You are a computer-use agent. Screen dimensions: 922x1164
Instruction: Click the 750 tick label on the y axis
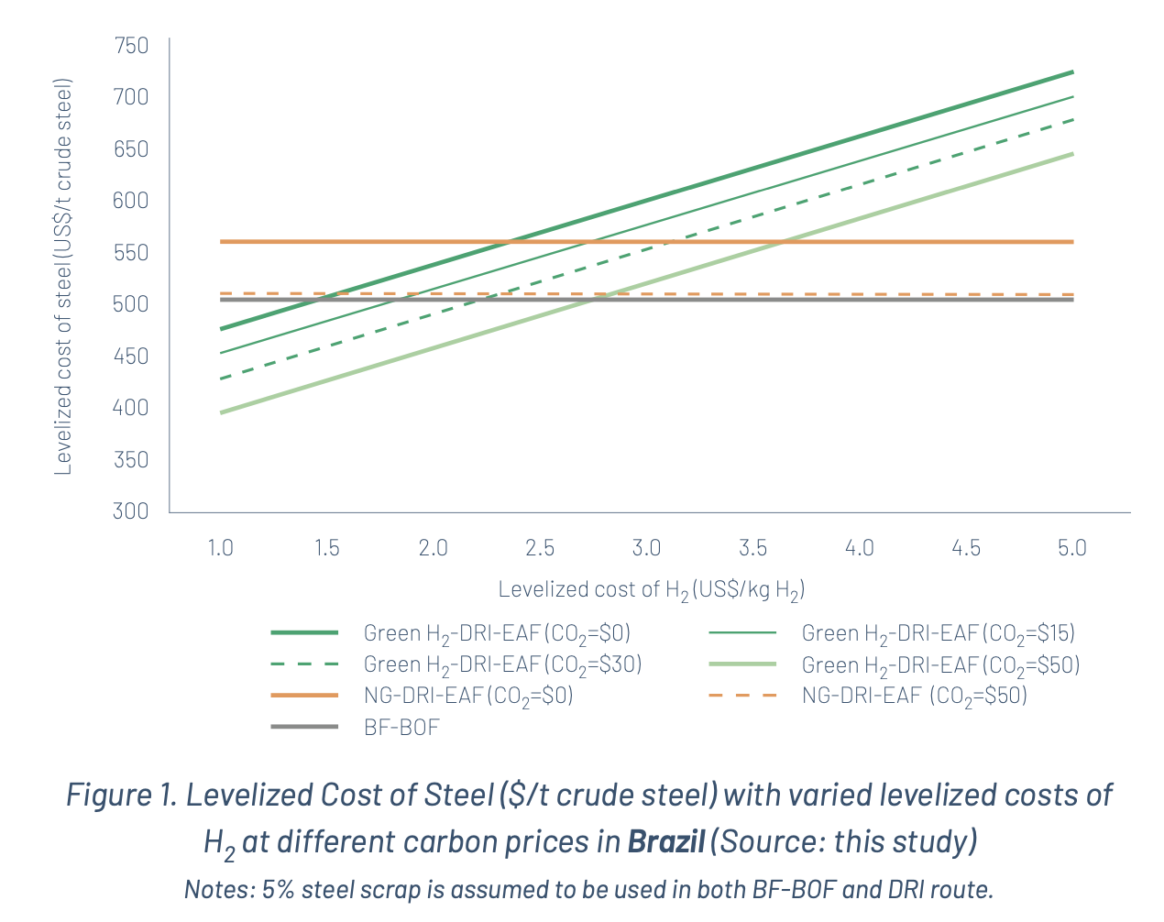130,45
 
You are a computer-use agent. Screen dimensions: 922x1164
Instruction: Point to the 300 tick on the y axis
130,510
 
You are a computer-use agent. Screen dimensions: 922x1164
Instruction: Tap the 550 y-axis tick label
130,252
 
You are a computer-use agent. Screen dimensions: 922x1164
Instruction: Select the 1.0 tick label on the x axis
220,548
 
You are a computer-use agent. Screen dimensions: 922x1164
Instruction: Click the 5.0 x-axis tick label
1071,548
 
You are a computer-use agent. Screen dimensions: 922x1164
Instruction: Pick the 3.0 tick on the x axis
646,548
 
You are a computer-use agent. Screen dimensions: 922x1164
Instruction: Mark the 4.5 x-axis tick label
965,548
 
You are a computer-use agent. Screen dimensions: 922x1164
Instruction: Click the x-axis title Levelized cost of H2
652,589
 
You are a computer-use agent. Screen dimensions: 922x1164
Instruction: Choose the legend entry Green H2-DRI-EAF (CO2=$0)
497,633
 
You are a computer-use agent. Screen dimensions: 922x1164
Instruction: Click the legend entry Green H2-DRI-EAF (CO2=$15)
938,633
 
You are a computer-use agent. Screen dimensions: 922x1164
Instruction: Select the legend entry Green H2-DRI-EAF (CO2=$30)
502,664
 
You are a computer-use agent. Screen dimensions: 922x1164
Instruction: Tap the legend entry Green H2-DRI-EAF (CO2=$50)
940,664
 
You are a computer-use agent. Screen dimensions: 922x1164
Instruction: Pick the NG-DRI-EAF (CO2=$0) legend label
468,696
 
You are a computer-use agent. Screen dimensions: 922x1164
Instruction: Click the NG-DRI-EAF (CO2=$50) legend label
914,696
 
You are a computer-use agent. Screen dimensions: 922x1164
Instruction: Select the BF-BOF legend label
401,728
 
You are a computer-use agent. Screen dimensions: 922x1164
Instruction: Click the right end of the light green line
1071,154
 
